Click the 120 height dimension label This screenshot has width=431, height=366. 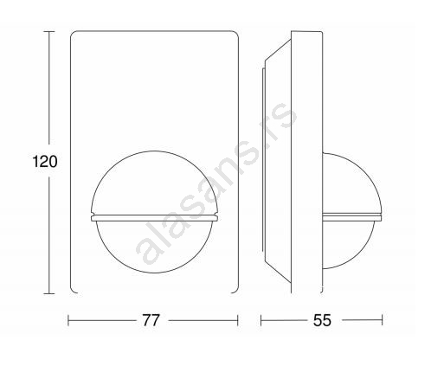pyautogui.click(x=45, y=161)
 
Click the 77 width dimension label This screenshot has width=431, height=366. pyautogui.click(x=151, y=320)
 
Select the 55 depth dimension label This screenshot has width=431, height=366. pyautogui.click(x=322, y=320)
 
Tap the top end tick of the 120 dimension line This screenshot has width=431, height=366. pyautogui.click(x=49, y=31)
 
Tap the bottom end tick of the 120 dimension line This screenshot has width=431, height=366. pyautogui.click(x=49, y=293)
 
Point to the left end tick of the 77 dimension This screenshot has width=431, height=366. pyautogui.click(x=68, y=320)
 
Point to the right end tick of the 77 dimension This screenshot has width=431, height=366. pyautogui.click(x=238, y=320)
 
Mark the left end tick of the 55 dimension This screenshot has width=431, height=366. pyautogui.click(x=261, y=320)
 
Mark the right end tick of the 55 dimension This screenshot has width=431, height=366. pyautogui.click(x=382, y=320)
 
